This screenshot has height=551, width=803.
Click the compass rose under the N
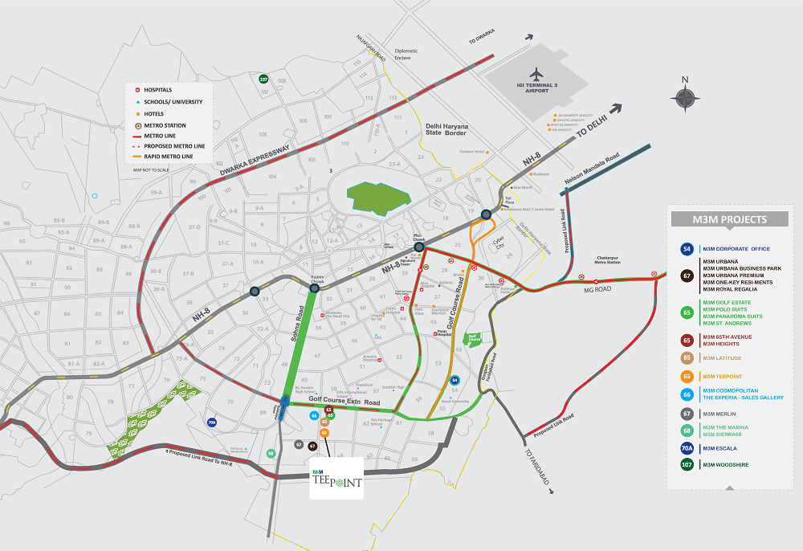tap(685, 98)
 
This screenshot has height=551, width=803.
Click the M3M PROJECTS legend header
tap(730, 219)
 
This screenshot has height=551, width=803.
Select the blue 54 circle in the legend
tap(687, 249)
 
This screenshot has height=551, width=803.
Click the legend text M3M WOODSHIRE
tap(731, 464)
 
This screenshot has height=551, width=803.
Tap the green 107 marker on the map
tap(263, 79)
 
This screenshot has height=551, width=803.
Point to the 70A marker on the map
tap(212, 422)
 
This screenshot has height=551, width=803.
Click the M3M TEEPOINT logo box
tap(336, 479)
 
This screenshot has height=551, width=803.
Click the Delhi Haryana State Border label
tap(446, 129)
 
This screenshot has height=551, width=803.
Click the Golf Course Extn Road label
tap(343, 399)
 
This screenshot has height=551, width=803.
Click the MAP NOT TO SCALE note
tap(151, 169)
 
